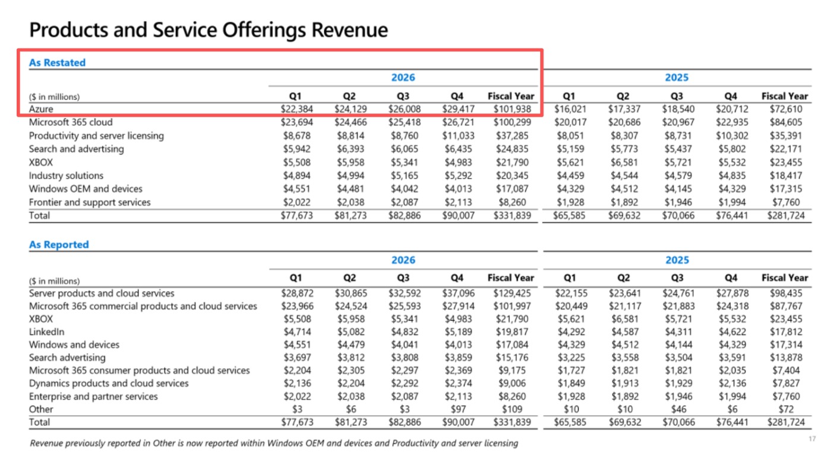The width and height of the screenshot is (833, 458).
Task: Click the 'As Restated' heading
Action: coord(57,62)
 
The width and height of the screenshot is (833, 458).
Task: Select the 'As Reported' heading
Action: coord(59,245)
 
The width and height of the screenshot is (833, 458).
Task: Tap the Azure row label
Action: coord(41,109)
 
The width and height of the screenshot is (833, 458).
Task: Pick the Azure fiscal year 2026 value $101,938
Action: coord(512,109)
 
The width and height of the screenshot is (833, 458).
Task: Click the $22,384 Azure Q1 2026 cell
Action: coord(296,109)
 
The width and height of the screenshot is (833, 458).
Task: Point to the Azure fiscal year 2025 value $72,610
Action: coord(786,109)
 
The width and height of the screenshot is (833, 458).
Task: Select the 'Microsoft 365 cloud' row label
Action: coord(71,122)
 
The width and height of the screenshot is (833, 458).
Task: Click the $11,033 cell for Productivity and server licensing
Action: coord(458,135)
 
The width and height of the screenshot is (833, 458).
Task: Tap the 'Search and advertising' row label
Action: coord(76,149)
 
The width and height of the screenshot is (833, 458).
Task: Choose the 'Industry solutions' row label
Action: coord(66,175)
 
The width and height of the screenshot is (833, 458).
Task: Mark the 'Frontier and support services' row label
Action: coord(90,202)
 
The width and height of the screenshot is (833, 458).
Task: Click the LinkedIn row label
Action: coord(46,331)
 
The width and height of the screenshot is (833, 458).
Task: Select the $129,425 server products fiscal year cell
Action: coord(512,293)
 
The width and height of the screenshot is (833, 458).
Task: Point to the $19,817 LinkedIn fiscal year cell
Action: coord(512,331)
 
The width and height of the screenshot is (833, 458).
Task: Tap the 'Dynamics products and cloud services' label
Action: coord(109,383)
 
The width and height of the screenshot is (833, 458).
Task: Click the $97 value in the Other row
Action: coord(458,409)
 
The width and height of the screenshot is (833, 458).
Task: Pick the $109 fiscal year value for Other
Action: coord(512,409)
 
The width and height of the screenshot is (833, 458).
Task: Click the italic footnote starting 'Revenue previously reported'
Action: coord(274,443)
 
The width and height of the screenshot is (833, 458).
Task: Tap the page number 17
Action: coord(812,439)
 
